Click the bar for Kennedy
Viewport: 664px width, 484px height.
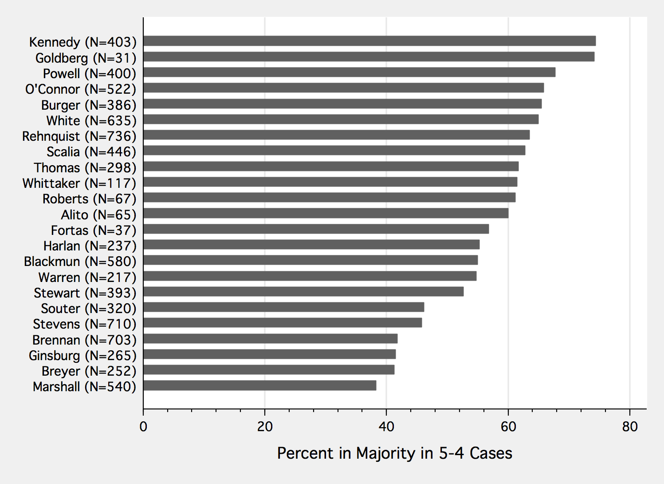(x=369, y=41)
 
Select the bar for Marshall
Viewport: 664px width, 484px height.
(x=259, y=385)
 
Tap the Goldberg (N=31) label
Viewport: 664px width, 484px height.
(x=86, y=58)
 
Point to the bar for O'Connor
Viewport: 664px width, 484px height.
(x=343, y=88)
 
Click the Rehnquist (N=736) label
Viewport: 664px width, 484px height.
(x=79, y=136)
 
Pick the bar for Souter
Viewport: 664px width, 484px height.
(x=283, y=307)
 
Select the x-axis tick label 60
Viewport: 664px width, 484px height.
(x=508, y=427)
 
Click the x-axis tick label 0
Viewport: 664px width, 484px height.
(x=143, y=427)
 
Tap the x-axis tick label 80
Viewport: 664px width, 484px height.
(x=630, y=427)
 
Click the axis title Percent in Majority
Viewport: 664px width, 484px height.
(x=394, y=453)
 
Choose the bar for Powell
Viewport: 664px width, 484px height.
(x=349, y=72)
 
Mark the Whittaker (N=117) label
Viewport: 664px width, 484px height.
(x=79, y=183)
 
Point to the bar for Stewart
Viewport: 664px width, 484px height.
(x=303, y=292)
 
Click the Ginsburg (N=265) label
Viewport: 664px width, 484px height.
(x=83, y=356)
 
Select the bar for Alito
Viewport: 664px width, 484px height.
(x=326, y=214)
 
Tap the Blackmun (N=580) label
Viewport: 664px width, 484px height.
(x=80, y=262)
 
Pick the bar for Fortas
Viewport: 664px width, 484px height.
(x=316, y=229)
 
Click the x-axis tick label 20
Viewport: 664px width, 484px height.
(x=265, y=427)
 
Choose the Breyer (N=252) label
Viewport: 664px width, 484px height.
(x=89, y=371)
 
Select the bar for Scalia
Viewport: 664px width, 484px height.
(x=334, y=151)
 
